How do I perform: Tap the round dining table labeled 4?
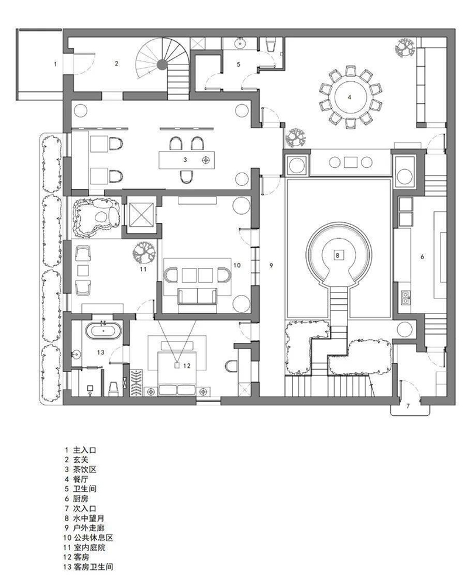click(x=350, y=97)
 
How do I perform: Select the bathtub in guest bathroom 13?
click(x=104, y=331)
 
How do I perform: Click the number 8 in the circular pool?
click(x=338, y=256)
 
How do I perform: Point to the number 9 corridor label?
click(x=271, y=266)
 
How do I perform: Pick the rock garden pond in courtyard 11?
click(x=97, y=218)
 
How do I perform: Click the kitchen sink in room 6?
click(x=405, y=296)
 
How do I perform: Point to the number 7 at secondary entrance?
click(x=408, y=405)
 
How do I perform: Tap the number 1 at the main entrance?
click(x=55, y=64)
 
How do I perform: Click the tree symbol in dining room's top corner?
click(x=404, y=47)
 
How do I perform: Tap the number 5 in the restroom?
click(x=239, y=64)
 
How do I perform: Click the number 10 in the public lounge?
click(x=237, y=266)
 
